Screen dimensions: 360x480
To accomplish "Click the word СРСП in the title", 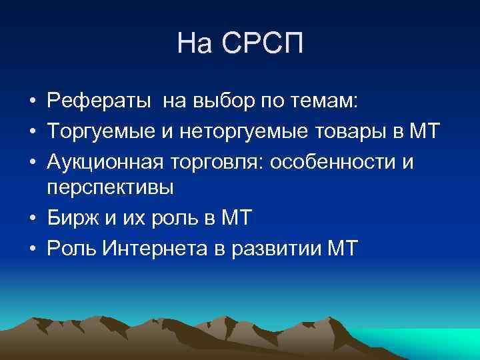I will (266, 44).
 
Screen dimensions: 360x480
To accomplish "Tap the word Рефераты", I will (95, 101).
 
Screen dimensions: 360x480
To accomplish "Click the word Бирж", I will (69, 219).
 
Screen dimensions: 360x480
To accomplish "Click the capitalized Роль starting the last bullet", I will (71, 248).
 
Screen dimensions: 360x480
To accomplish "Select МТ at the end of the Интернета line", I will (343, 248).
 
